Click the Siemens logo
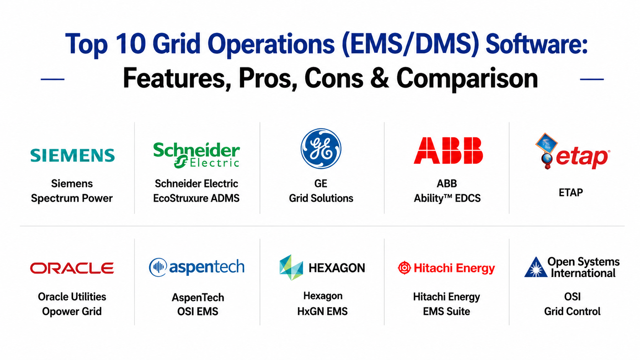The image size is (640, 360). pyautogui.click(x=73, y=155)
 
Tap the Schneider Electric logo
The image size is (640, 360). pyautogui.click(x=197, y=155)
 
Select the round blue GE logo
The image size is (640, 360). pyautogui.click(x=321, y=148)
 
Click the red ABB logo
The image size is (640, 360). pyautogui.click(x=448, y=150)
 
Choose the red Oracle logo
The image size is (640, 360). pyautogui.click(x=72, y=268)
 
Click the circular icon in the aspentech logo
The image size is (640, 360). pyautogui.click(x=158, y=267)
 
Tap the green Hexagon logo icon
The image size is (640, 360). pyautogui.click(x=291, y=267)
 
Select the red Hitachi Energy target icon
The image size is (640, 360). pyautogui.click(x=404, y=268)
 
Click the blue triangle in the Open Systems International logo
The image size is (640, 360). pyautogui.click(x=536, y=268)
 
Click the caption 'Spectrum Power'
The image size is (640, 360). pyautogui.click(x=72, y=198)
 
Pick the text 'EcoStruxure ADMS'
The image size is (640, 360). pyautogui.click(x=196, y=198)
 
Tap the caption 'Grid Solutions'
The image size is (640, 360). pyautogui.click(x=321, y=198)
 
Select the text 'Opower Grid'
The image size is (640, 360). pyautogui.click(x=72, y=311)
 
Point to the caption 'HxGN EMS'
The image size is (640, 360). pyautogui.click(x=322, y=311)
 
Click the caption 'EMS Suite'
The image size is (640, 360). pyautogui.click(x=446, y=311)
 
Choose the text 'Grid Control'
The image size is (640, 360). pyautogui.click(x=572, y=311)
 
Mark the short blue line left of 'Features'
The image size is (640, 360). pyautogui.click(x=52, y=79)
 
